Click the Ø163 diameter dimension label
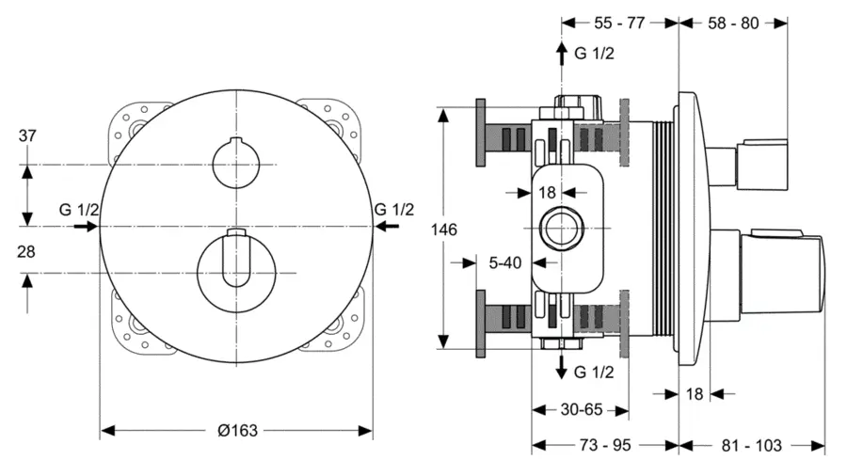tap(236, 430)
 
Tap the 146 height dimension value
tap(446, 229)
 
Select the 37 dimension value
tap(27, 136)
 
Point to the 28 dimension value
tap(27, 251)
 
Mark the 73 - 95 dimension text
tap(604, 445)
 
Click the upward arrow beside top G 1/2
tap(562, 53)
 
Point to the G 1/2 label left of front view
tap(78, 209)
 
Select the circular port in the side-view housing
tap(562, 228)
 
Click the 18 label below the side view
tap(695, 393)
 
